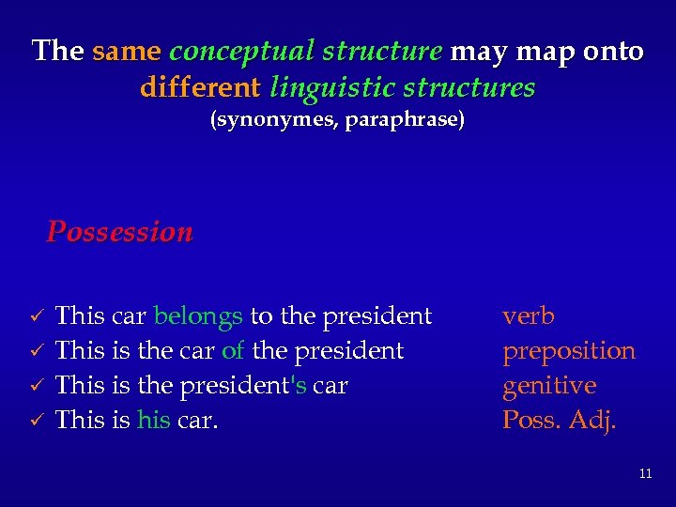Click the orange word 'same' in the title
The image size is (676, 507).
tap(127, 51)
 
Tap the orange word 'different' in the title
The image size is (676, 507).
tap(200, 88)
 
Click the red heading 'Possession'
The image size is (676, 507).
tap(120, 231)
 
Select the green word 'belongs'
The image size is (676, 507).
tap(198, 316)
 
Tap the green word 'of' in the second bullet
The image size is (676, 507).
tap(233, 351)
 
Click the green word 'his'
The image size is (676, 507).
tap(154, 421)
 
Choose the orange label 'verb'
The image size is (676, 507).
tap(529, 316)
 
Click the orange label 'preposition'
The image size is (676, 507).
tap(569, 351)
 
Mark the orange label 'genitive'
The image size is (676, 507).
tap(549, 386)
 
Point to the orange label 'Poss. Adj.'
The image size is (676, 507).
tap(560, 421)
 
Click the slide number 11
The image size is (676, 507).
tap(645, 474)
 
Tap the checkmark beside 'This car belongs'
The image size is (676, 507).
tap(37, 316)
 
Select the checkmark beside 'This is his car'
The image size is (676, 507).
tap(37, 421)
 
